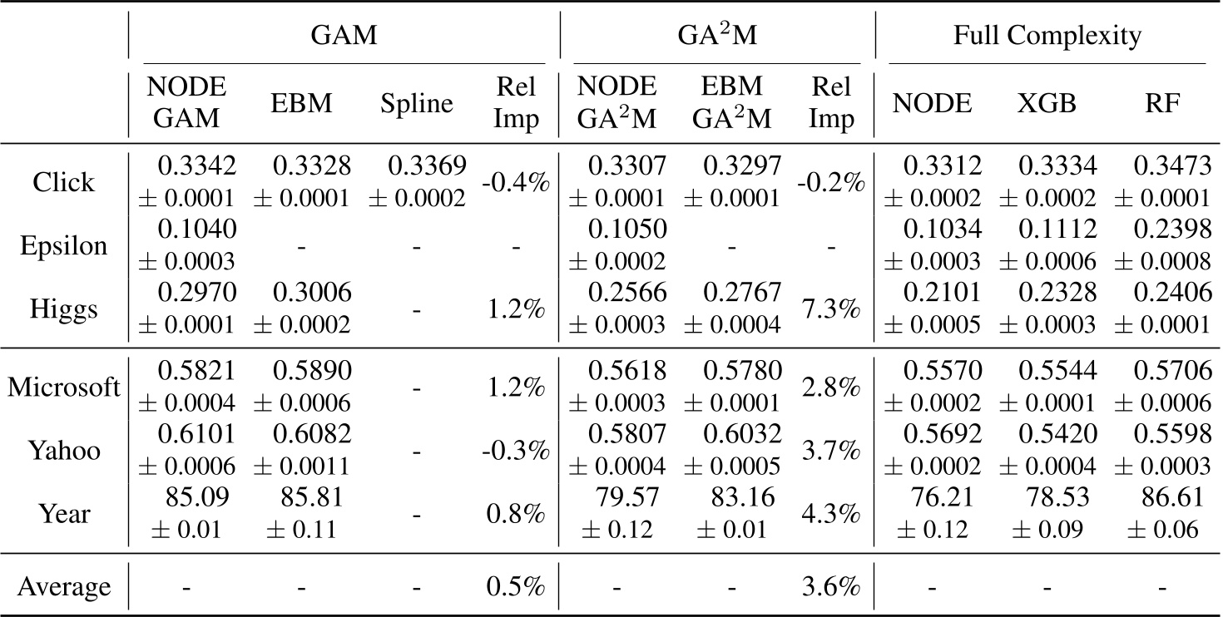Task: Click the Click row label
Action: click(x=64, y=183)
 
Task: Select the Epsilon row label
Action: click(x=64, y=247)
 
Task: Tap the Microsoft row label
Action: click(x=64, y=387)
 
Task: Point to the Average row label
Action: click(x=64, y=587)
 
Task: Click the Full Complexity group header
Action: click(x=1047, y=36)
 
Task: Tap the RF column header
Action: click(x=1163, y=104)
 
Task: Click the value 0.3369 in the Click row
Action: click(x=427, y=168)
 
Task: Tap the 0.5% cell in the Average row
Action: click(x=517, y=587)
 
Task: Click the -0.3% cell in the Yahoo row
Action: click(x=517, y=451)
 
